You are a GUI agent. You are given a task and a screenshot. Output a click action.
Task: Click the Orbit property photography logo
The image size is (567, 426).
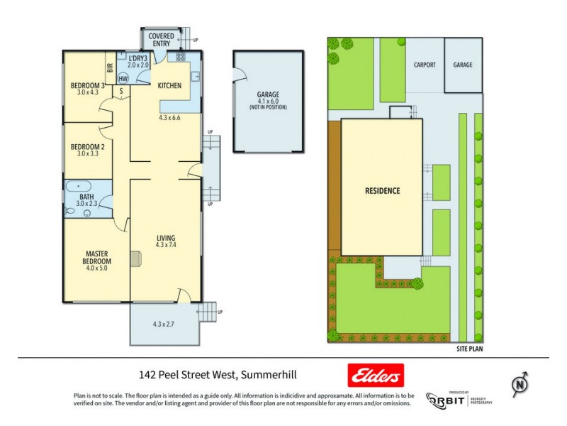459,399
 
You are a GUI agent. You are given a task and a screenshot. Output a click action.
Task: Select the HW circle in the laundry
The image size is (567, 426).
123,79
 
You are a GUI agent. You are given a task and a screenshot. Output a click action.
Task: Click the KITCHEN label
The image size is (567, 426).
169,86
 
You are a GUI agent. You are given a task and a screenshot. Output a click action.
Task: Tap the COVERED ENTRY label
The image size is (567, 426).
161,39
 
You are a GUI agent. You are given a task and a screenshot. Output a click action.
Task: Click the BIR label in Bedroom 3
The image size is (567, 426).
110,69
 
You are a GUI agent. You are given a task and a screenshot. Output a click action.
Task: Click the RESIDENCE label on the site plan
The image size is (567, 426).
383,190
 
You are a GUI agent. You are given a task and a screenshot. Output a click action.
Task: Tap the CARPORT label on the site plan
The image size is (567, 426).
425,65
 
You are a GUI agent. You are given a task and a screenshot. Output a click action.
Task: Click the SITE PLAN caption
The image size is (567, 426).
470,349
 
